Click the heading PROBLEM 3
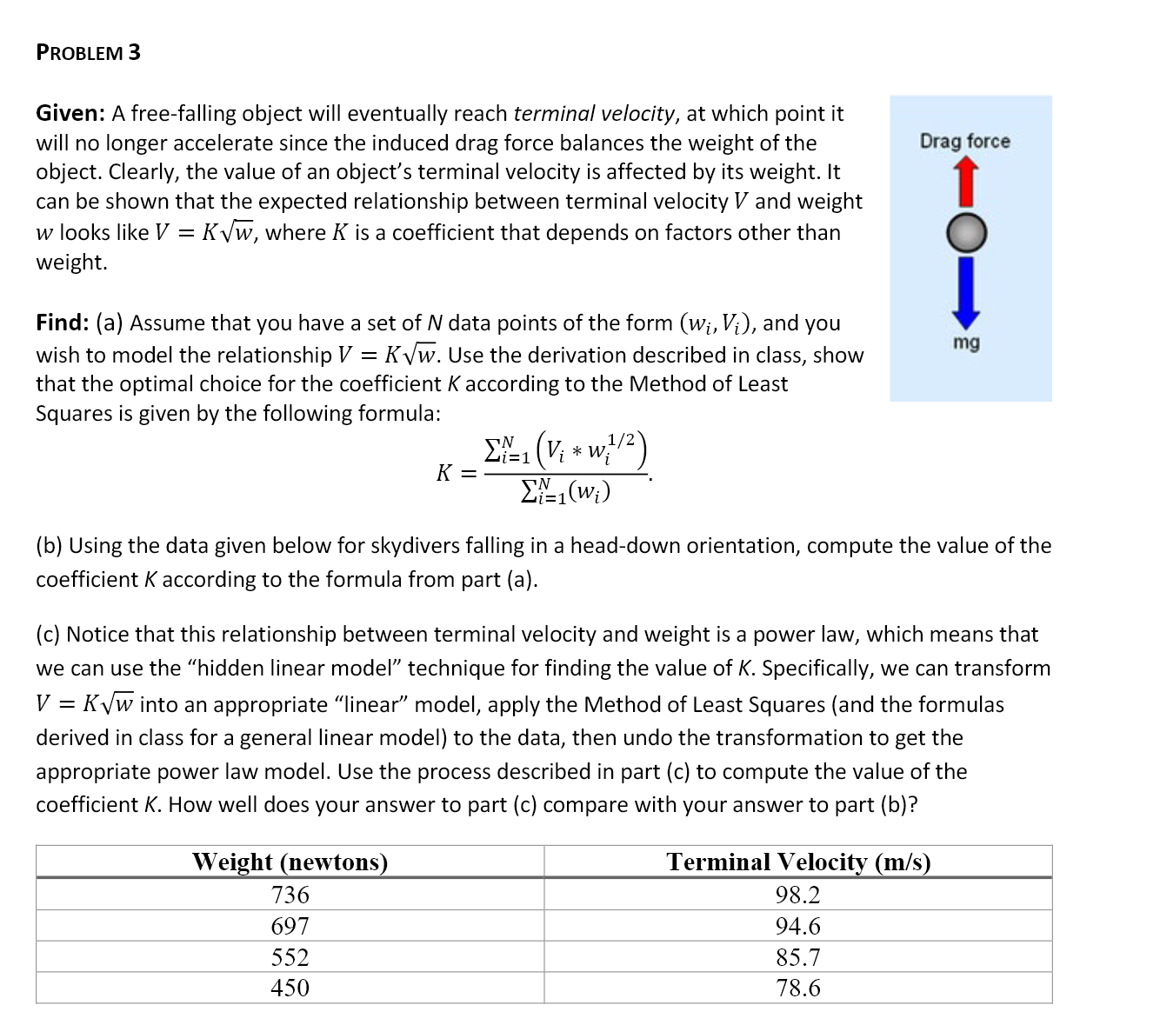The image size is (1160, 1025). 88,52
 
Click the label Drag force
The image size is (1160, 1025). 965,141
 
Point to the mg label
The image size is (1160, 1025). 965,343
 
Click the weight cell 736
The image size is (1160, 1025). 290,895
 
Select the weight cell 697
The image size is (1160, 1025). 290,926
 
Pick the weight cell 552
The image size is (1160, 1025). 290,957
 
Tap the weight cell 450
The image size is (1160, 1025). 290,988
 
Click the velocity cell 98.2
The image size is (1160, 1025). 797,895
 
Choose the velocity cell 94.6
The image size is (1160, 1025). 797,926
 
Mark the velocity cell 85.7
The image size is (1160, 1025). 797,957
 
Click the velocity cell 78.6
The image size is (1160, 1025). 797,988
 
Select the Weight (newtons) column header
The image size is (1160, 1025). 290,862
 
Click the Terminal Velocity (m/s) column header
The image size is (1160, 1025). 797,862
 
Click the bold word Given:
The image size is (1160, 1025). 70,114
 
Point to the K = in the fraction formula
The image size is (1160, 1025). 456,474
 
